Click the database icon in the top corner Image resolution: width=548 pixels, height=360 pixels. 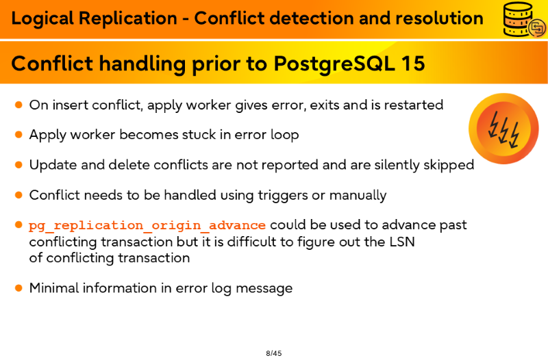click(x=524, y=19)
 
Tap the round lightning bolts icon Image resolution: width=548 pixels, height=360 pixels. click(x=503, y=129)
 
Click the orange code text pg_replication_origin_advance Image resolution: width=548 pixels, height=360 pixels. click(x=147, y=226)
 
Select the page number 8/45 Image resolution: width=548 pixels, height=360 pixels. click(x=273, y=353)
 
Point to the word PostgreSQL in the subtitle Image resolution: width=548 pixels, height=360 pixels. click(x=334, y=64)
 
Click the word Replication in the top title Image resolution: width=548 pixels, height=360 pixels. click(x=128, y=19)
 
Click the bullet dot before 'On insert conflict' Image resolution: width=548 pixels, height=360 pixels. click(x=19, y=105)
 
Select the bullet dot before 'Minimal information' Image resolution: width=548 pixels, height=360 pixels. click(x=19, y=288)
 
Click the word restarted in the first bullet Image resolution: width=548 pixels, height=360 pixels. click(x=414, y=105)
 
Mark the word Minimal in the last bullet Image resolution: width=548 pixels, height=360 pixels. click(x=54, y=288)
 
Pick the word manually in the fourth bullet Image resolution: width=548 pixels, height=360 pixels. click(x=358, y=196)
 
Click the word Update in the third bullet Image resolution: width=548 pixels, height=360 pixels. click(x=53, y=165)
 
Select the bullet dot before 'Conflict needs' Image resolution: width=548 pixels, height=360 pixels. click(x=19, y=195)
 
